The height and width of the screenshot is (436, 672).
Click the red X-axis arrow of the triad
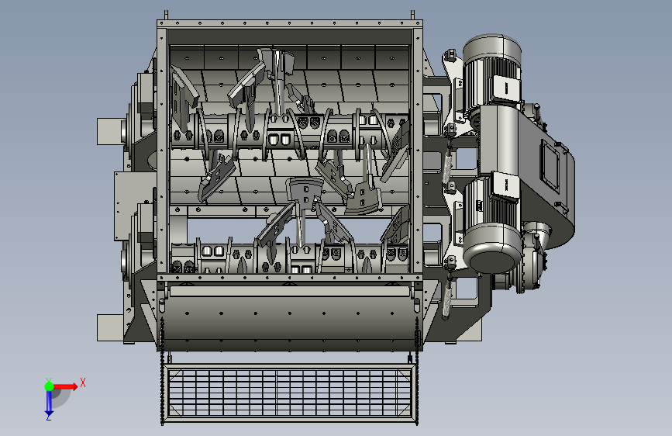click(x=65, y=386)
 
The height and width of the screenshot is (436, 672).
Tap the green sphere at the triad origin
click(x=49, y=386)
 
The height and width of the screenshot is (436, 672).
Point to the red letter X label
click(x=83, y=382)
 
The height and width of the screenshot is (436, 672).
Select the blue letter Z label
click(x=48, y=417)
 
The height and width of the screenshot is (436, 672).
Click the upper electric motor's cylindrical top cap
click(x=492, y=48)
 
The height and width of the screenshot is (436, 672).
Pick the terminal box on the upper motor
click(x=506, y=88)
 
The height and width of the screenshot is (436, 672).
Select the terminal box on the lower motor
click(x=506, y=185)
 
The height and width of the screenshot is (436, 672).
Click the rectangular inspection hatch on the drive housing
click(x=550, y=164)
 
